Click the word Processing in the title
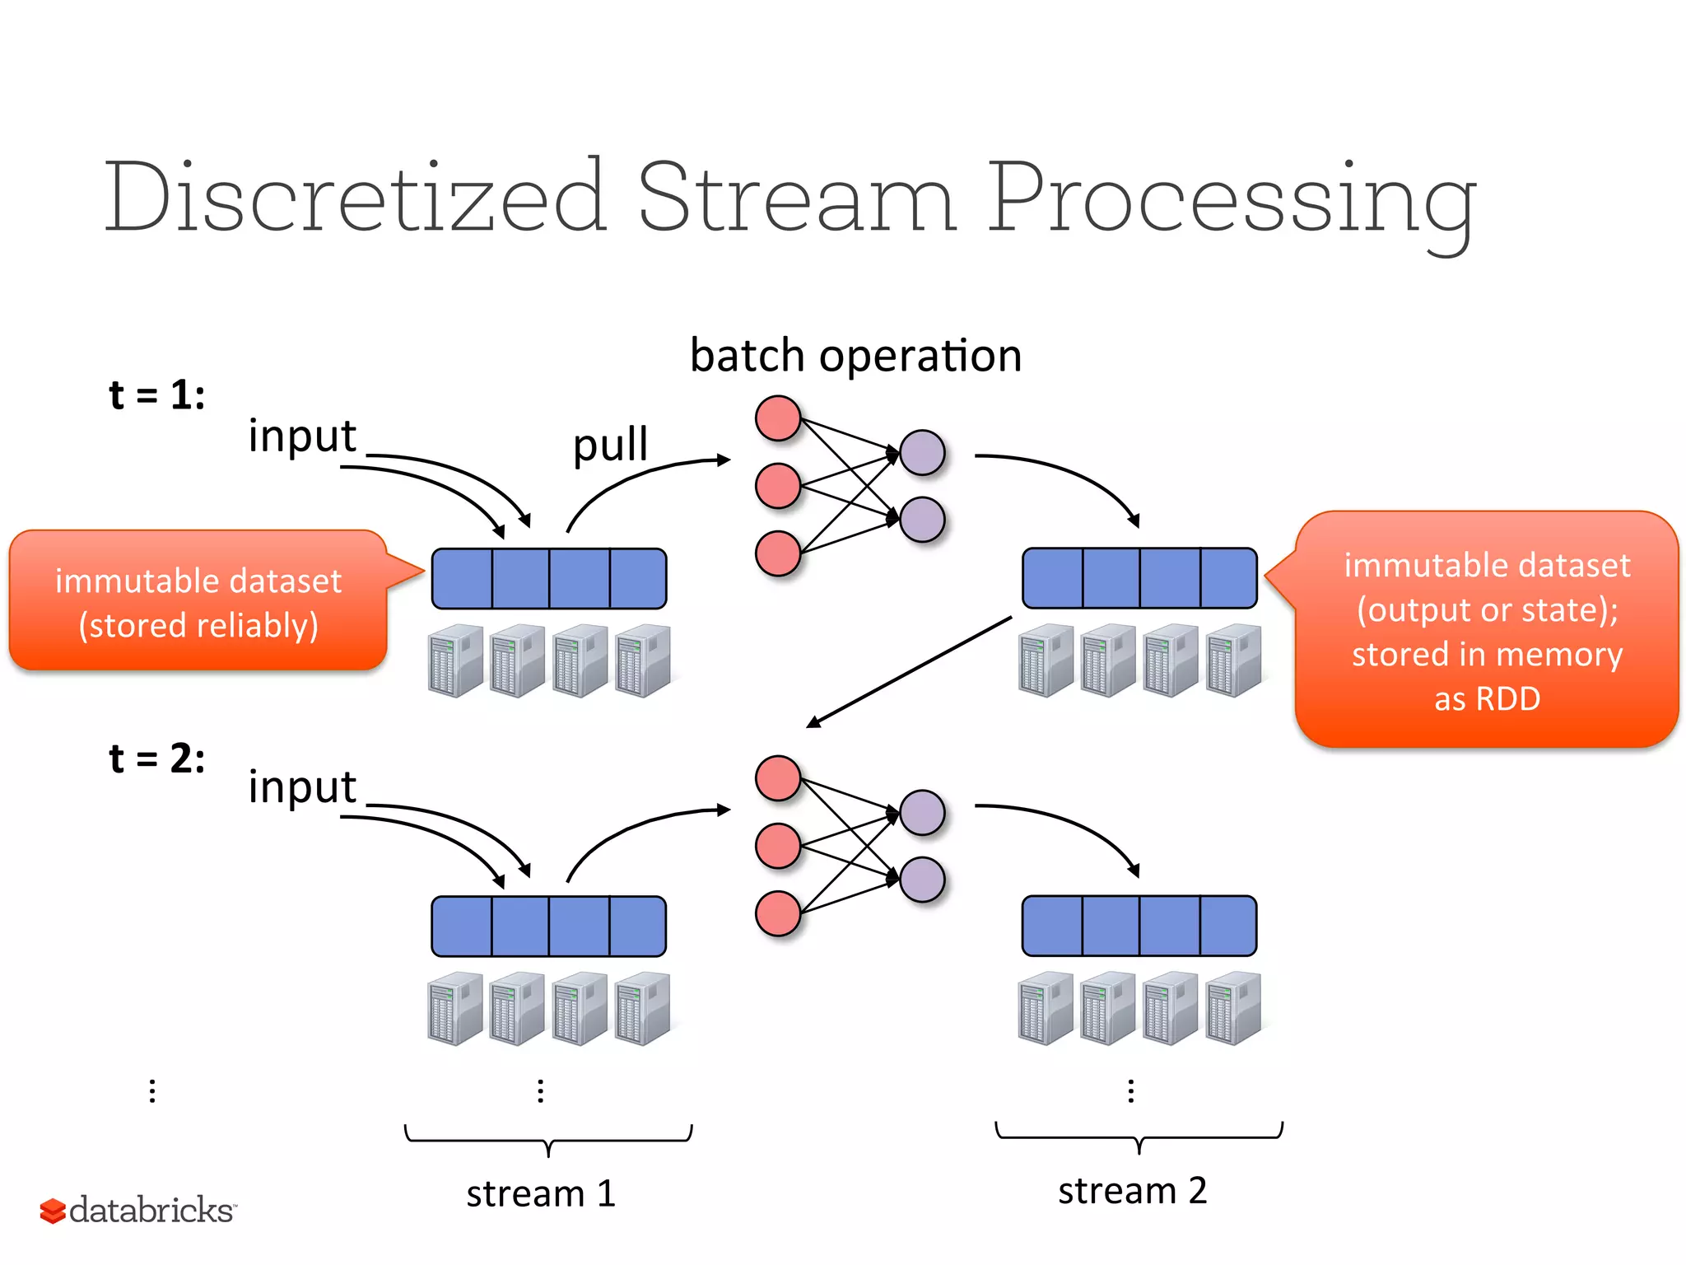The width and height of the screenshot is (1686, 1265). (1231, 202)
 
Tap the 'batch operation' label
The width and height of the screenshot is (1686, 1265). (855, 356)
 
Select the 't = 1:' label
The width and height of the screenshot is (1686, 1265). (156, 394)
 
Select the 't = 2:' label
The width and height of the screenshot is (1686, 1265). (156, 758)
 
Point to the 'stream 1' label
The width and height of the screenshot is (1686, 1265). (541, 1193)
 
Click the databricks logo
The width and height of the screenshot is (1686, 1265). (137, 1211)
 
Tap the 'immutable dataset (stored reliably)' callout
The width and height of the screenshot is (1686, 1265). (198, 602)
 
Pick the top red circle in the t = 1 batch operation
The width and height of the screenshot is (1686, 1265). (778, 418)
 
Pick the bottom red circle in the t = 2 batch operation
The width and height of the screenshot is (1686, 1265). (778, 913)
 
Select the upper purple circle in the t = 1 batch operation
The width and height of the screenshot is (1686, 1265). (922, 452)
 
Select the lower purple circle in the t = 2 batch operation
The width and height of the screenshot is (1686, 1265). (922, 880)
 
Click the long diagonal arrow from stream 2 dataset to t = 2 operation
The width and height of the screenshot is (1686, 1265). (910, 671)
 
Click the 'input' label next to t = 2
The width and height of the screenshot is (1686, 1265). (302, 787)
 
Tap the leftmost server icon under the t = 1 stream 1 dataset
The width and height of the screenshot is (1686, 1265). (455, 661)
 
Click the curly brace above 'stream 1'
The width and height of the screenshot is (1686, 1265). (548, 1140)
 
